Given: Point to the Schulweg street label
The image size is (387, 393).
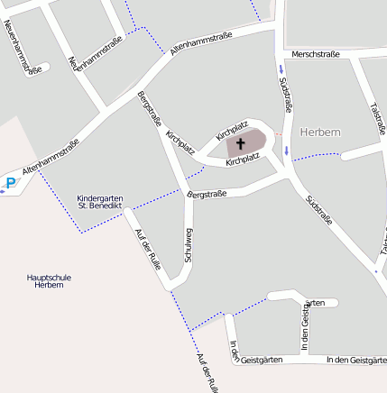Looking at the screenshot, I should [189, 243].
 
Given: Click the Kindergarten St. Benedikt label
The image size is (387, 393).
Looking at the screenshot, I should [100, 202].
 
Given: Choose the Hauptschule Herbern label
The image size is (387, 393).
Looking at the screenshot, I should [49, 280].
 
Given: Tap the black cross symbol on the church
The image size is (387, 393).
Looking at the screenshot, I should [241, 142].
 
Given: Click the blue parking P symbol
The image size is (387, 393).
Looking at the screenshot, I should [10, 184].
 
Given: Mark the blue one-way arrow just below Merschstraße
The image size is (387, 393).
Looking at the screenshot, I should [281, 69].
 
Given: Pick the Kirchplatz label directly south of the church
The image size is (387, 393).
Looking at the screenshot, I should [243, 160].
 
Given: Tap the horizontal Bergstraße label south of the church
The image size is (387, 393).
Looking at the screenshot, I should [206, 194].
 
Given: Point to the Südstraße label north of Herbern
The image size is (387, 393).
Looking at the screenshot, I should [286, 94].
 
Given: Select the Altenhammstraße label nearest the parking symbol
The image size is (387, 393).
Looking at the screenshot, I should [51, 155].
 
